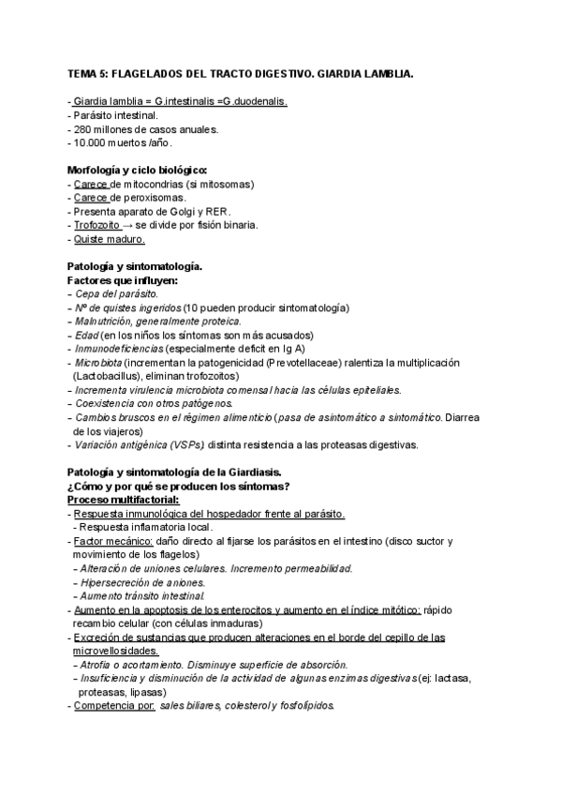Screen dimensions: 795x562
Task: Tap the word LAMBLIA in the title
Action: coord(385,72)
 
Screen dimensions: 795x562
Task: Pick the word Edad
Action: coord(86,336)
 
